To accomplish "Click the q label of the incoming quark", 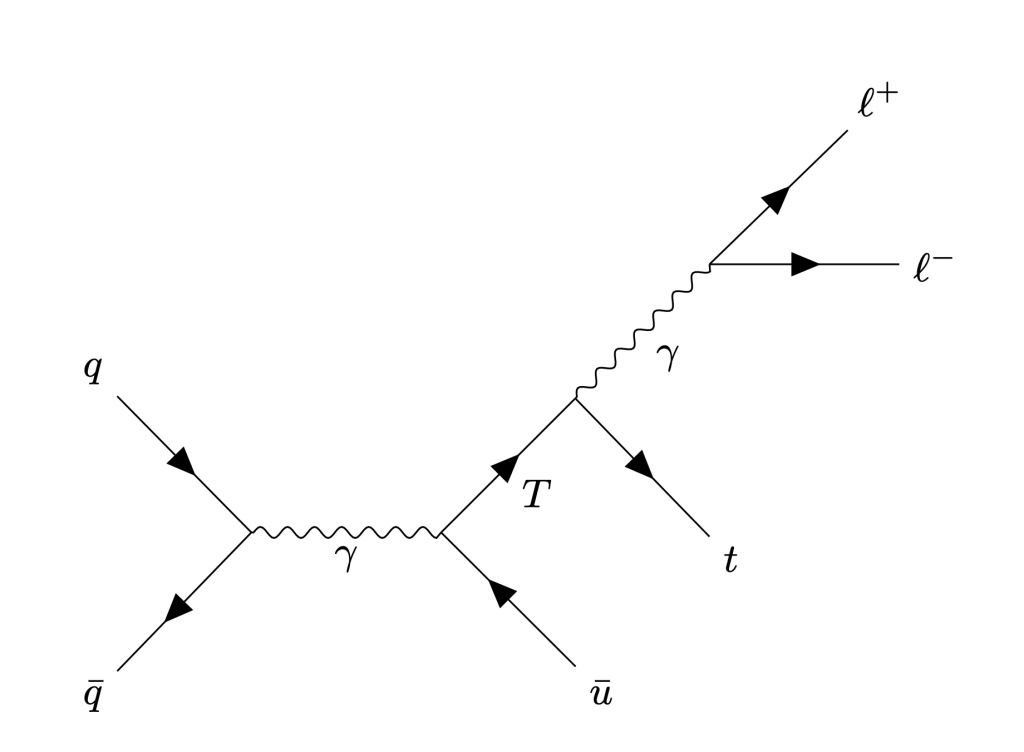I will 93,370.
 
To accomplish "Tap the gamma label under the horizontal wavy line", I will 346,557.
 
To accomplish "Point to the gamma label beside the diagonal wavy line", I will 667,355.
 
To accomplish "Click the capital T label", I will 537,494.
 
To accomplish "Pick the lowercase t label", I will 731,560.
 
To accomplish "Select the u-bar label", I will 601,692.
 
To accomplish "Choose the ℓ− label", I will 932,268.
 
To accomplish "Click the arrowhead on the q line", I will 182,461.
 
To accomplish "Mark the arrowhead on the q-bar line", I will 178,608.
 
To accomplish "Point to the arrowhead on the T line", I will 506,467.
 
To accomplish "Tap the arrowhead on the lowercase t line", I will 640,464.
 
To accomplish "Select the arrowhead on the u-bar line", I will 502,593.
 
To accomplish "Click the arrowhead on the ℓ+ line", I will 776,199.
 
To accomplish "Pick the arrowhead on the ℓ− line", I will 805,264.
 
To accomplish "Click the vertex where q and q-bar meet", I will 251,531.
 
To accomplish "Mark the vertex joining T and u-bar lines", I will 440,532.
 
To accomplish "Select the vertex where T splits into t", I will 576,398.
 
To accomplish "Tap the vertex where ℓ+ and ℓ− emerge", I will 709,264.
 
